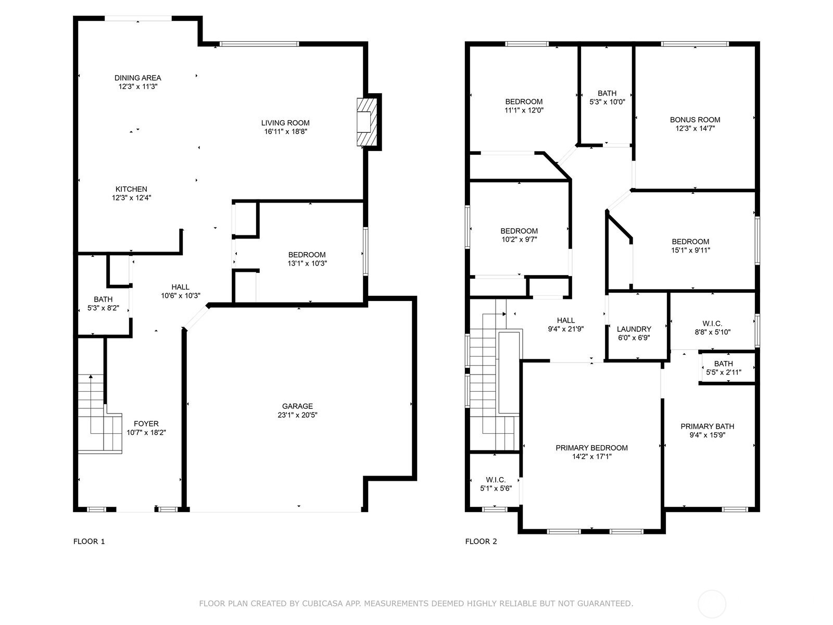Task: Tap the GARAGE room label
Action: click(x=297, y=406)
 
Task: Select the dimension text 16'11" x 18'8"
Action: click(x=285, y=132)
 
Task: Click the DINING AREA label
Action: click(x=138, y=78)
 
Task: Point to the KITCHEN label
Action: click(x=131, y=189)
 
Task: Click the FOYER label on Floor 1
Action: click(x=146, y=424)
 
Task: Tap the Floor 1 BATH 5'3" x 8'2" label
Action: click(x=103, y=304)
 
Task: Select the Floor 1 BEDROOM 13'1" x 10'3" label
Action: click(x=307, y=259)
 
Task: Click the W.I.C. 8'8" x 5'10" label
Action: click(x=712, y=328)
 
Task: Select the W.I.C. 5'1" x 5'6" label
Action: click(x=496, y=484)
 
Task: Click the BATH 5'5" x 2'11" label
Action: click(x=723, y=368)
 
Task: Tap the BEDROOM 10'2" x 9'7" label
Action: click(x=519, y=235)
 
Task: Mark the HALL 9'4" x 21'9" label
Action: click(x=565, y=324)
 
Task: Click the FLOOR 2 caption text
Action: click(x=481, y=542)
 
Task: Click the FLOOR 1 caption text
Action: click(x=89, y=542)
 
